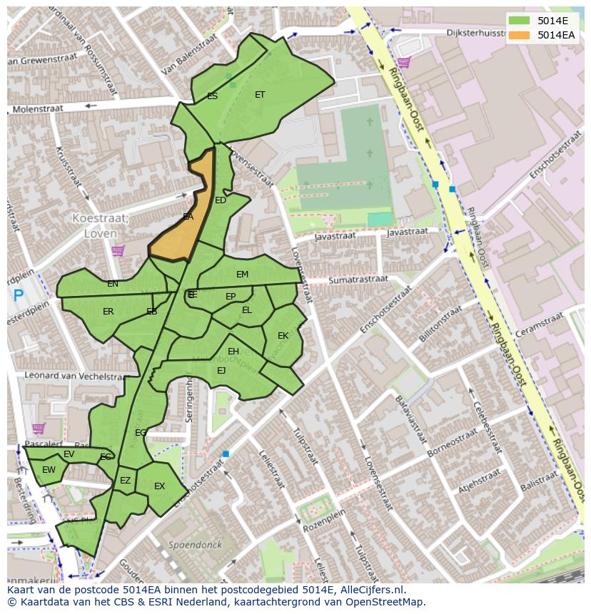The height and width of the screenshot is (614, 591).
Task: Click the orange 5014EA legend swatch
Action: coord(519,35)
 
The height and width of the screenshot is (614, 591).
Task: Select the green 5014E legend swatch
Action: coord(519,20)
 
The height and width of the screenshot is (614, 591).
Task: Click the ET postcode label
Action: coord(260,94)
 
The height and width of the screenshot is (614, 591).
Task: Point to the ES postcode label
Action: coord(212,96)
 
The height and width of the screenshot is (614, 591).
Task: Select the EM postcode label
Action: coord(243,275)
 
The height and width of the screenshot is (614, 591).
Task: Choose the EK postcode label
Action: coord(283,335)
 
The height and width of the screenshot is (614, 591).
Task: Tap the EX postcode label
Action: coord(159,486)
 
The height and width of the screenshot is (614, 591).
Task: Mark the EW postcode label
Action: coord(49,470)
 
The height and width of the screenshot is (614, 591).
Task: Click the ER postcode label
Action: coord(108,312)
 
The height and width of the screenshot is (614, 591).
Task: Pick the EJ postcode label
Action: coord(221,370)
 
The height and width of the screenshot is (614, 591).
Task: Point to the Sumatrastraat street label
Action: coord(358,280)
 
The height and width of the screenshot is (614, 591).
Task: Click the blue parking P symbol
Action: coord(18,295)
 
